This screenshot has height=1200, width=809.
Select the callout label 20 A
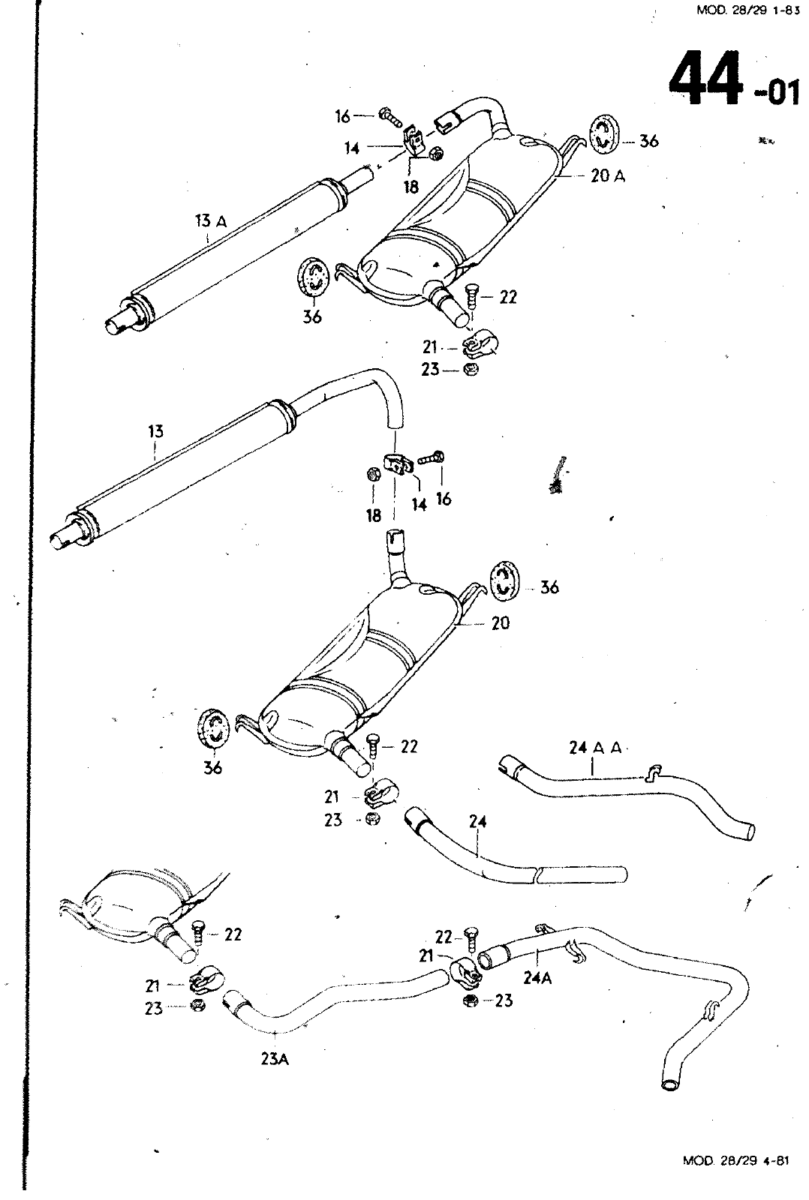(608, 176)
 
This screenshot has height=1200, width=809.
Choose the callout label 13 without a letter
(155, 432)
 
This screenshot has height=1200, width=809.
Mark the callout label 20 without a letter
(500, 622)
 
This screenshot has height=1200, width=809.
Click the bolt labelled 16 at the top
(391, 116)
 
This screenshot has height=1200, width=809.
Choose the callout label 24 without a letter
(478, 822)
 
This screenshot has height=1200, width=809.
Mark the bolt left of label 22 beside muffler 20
(373, 747)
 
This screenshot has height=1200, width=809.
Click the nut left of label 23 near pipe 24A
(471, 1001)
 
